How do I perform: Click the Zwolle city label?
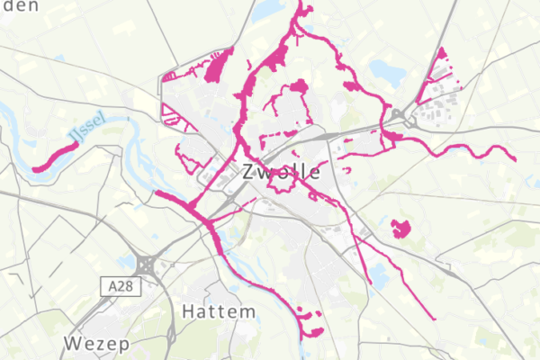(x=280, y=172)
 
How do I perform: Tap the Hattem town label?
(x=218, y=311)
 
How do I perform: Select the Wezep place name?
(x=96, y=344)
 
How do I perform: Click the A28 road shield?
(x=115, y=285)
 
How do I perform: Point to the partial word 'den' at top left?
(x=20, y=6)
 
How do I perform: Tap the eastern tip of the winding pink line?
(x=514, y=158)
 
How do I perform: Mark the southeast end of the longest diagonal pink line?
(x=435, y=318)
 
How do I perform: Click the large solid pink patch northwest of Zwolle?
(x=216, y=68)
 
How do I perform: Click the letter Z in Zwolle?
(x=249, y=172)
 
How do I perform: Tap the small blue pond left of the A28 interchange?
(x=125, y=263)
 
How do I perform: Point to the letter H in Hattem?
(x=189, y=311)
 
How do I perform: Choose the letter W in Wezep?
(x=72, y=344)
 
